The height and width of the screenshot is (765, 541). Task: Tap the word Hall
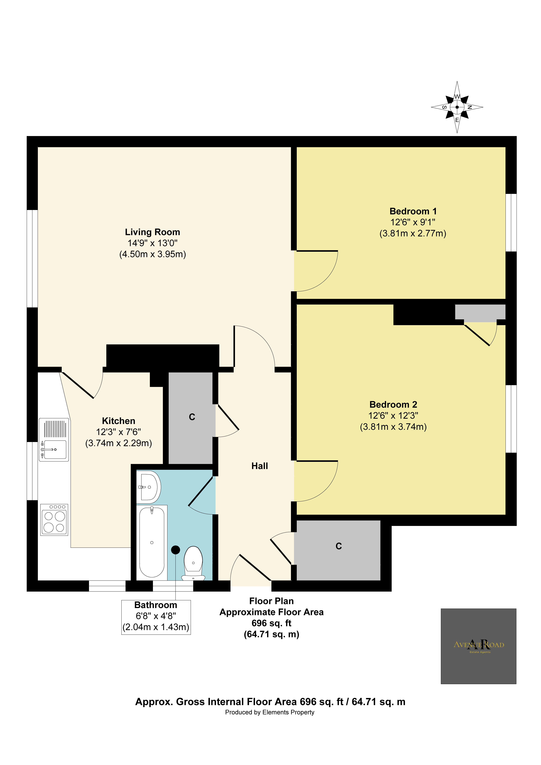point(259,466)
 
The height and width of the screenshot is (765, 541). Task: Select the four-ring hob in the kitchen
point(54,520)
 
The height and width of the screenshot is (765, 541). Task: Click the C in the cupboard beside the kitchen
point(192,417)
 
